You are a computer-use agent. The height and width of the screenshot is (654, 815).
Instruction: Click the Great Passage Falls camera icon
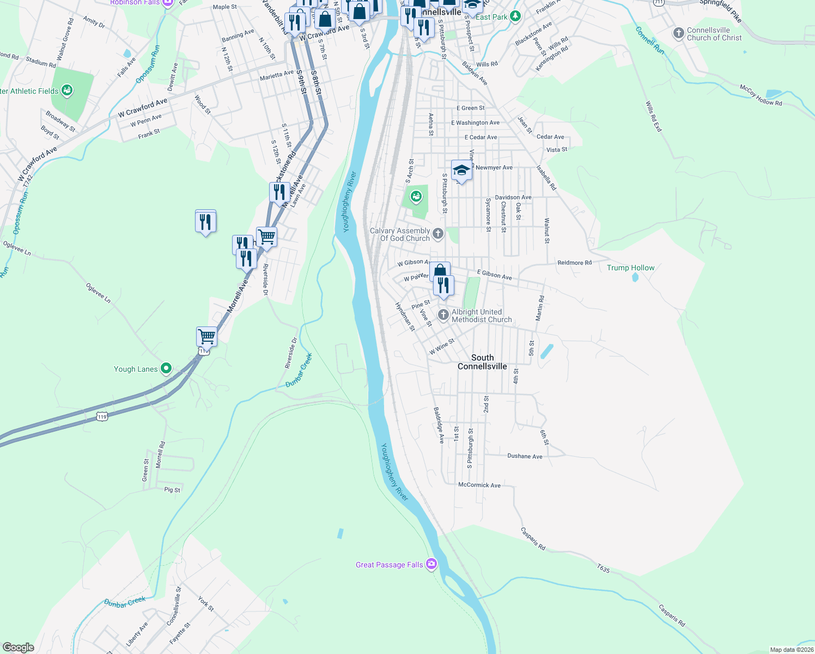tap(431, 564)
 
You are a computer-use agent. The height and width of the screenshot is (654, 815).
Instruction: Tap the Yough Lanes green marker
tap(166, 368)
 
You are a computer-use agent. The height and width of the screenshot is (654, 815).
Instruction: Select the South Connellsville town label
tap(482, 362)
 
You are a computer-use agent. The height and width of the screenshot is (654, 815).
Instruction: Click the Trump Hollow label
tap(630, 268)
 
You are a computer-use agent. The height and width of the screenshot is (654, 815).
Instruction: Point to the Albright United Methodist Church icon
tap(443, 315)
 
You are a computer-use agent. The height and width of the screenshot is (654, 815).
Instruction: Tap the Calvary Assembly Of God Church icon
tap(438, 234)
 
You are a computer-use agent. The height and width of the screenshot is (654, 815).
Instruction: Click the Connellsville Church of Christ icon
tap(678, 33)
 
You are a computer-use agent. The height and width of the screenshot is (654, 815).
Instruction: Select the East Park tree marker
tap(515, 16)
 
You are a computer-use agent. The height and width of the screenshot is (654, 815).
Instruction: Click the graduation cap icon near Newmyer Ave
tap(461, 171)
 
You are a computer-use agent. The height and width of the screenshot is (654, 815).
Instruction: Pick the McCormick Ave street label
tap(479, 485)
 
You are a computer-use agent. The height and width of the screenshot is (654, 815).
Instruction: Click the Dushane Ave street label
tap(525, 456)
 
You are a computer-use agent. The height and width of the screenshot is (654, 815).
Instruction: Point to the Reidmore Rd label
tap(574, 263)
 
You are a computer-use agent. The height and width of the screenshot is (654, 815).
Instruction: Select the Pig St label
tap(172, 490)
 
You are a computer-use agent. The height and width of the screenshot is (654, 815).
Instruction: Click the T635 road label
tap(603, 568)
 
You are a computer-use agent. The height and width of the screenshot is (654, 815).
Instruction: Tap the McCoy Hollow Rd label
tap(761, 95)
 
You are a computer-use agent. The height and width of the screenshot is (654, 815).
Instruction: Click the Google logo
tap(19, 647)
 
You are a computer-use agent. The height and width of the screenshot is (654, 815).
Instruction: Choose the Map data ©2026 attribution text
tap(792, 650)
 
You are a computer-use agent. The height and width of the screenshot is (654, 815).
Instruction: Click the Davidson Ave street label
tap(513, 197)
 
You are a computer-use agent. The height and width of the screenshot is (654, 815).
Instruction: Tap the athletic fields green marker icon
tap(67, 90)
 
